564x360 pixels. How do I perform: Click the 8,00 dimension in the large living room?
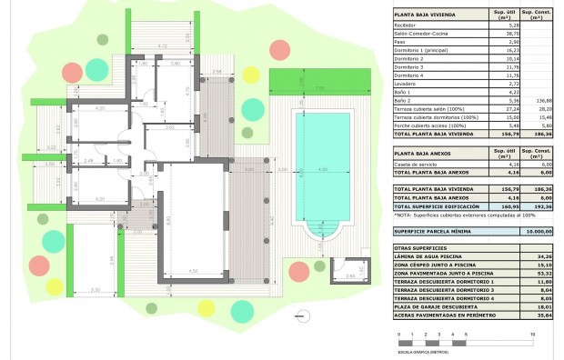click(x=169, y=219)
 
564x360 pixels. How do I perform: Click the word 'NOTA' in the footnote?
click(x=402, y=215)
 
